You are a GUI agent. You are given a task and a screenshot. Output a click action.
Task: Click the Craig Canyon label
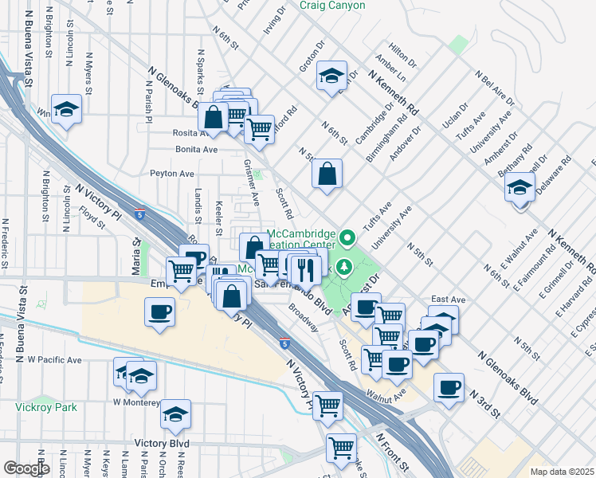(332, 6)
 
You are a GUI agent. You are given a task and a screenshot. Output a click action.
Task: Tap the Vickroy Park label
(46, 406)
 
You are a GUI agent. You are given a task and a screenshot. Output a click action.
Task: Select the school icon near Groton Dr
(331, 77)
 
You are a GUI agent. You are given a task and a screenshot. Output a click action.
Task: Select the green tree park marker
(345, 267)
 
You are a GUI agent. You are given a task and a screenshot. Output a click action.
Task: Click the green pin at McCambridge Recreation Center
(347, 237)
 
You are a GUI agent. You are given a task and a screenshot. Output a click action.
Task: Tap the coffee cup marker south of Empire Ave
(159, 311)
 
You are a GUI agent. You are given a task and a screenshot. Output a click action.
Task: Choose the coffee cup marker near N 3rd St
(449, 388)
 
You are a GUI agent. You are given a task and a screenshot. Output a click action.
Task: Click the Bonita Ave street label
(197, 149)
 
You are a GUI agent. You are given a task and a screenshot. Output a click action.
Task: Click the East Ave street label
(447, 300)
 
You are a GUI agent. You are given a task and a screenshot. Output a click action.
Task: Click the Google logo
(26, 468)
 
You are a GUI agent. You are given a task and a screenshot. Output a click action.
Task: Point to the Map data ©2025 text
(561, 472)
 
